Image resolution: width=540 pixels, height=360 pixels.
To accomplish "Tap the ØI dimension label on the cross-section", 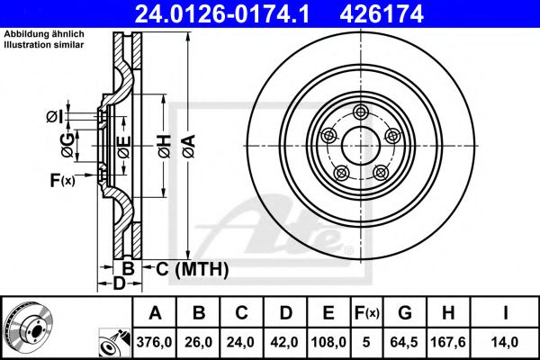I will point(54,115).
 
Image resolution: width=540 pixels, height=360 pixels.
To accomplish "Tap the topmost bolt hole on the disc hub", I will point(361,111).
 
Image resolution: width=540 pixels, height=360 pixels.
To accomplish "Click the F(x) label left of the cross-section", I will point(61,181).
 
